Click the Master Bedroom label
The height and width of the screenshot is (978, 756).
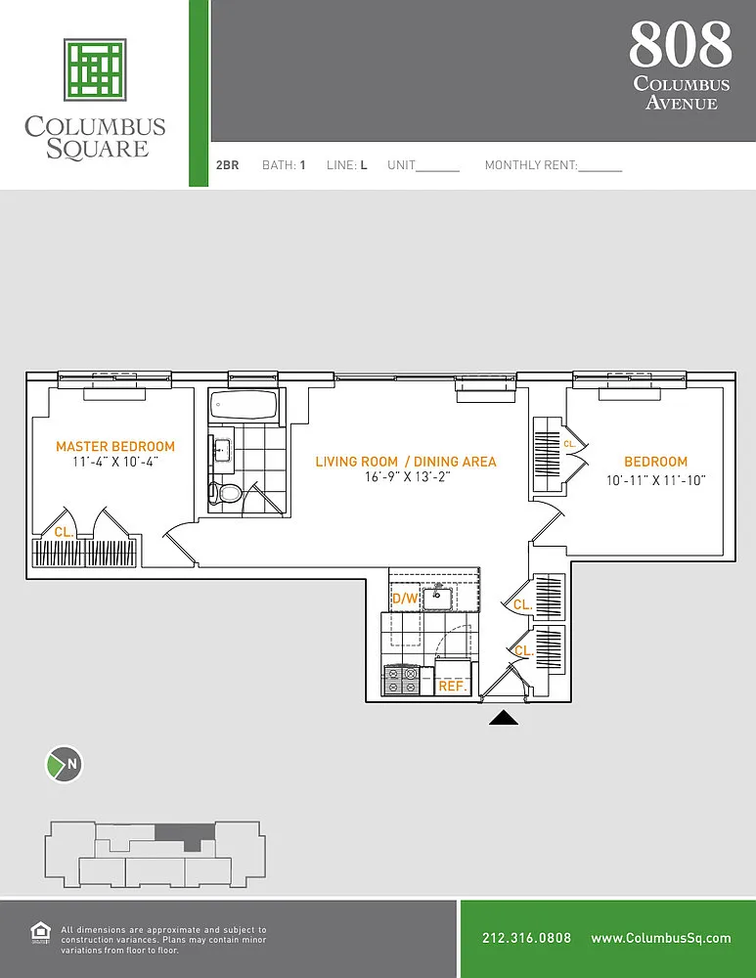tap(115, 447)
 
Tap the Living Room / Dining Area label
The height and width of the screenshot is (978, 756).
tap(406, 463)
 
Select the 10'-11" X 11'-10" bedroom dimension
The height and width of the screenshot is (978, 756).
tap(655, 480)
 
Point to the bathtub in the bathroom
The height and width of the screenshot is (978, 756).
tap(244, 406)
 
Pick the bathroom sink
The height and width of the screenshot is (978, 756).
tap(222, 449)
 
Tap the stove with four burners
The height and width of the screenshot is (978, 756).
tap(401, 681)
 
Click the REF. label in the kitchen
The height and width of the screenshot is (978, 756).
tap(452, 687)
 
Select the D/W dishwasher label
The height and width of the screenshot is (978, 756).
tap(405, 599)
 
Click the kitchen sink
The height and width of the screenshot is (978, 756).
tap(437, 598)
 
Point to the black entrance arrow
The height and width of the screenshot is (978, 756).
tap(504, 718)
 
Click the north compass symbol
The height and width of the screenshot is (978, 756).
tap(65, 764)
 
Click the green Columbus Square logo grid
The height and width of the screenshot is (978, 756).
tap(96, 69)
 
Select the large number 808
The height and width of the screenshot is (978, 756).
tap(681, 44)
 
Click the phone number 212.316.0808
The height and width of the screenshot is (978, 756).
tap(526, 938)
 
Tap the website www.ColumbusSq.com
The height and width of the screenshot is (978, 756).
tap(661, 938)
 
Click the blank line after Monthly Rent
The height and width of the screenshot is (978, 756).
tap(600, 170)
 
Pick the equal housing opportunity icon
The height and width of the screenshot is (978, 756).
tap(40, 933)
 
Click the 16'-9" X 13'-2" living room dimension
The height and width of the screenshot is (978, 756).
tap(407, 477)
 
